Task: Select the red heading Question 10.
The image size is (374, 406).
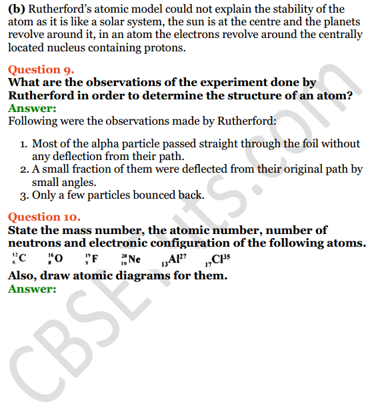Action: (44, 217)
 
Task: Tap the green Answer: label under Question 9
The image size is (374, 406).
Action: (32, 109)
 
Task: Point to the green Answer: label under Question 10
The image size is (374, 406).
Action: (32, 289)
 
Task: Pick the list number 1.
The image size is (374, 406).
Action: (23, 144)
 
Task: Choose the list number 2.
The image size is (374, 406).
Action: (23, 169)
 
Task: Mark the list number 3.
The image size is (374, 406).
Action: (23, 195)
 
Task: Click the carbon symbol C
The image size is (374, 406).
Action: (23, 259)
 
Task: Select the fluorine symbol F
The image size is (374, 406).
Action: (95, 259)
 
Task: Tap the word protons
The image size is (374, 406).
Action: (165, 48)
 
